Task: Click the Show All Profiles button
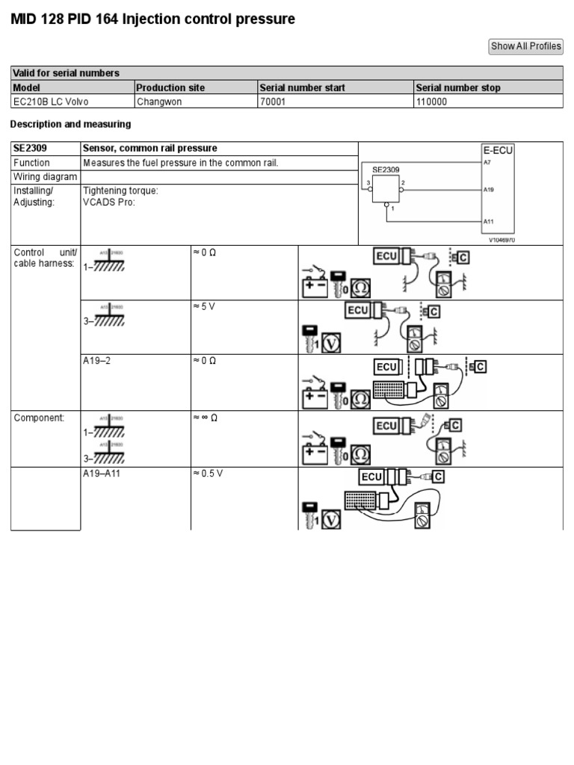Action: [525, 46]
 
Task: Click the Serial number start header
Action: [302, 87]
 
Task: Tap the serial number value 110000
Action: [431, 102]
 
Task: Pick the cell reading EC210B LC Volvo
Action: [51, 102]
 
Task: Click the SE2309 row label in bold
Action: [30, 149]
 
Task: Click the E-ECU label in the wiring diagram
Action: [497, 150]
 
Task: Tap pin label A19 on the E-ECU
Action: [488, 191]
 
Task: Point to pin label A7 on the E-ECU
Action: [487, 161]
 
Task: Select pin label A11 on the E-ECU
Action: [488, 221]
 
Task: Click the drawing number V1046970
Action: [502, 241]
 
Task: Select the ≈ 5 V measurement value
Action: [204, 307]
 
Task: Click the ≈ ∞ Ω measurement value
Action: [206, 418]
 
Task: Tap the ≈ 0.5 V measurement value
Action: [209, 474]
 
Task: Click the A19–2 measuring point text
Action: [97, 361]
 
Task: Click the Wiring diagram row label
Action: [45, 177]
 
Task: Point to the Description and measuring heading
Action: [70, 124]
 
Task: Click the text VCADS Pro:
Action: [109, 202]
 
